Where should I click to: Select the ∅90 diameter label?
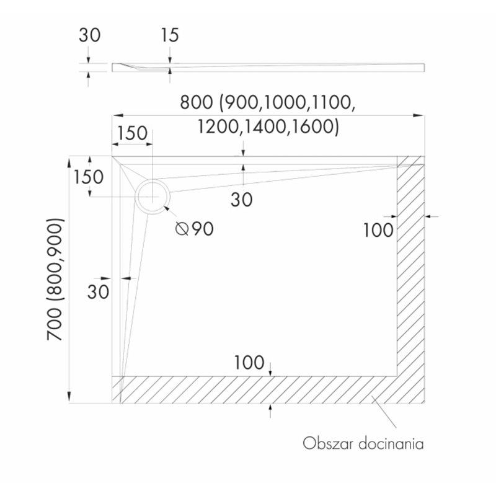click(195, 229)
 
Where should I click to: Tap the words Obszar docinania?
click(363, 444)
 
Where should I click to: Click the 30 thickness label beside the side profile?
click(89, 35)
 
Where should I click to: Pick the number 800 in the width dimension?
click(198, 103)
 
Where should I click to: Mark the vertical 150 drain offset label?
click(88, 177)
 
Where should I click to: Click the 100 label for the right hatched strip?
click(378, 230)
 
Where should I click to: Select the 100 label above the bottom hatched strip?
click(249, 361)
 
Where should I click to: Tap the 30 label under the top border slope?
click(242, 199)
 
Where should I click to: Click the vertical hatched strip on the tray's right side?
click(410, 267)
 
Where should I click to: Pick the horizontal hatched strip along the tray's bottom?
click(254, 389)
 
